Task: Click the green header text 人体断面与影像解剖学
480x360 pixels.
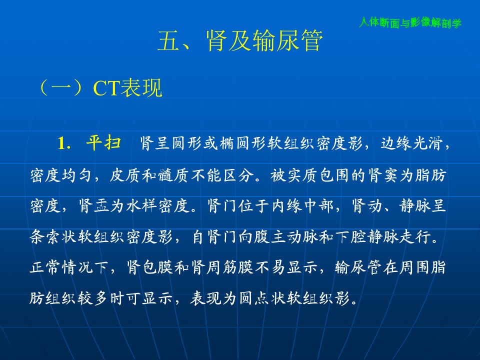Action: click(x=410, y=22)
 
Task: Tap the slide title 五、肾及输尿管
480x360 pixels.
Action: click(x=240, y=40)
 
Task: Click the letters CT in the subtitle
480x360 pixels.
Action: click(x=106, y=88)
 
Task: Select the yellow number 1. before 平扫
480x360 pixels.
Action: click(x=64, y=143)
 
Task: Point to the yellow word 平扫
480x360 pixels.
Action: click(x=103, y=142)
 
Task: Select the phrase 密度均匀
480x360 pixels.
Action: click(x=60, y=175)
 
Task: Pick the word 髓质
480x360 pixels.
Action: click(x=173, y=175)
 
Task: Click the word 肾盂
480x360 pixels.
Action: click(x=93, y=205)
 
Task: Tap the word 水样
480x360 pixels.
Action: click(x=141, y=205)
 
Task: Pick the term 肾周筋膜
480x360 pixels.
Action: click(x=222, y=267)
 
